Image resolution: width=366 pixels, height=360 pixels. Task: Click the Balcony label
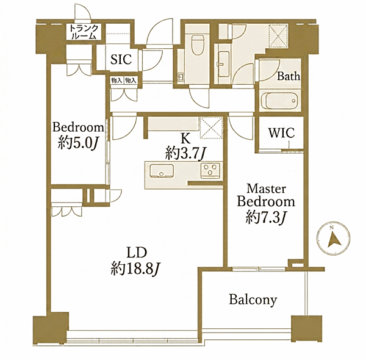pyautogui.click(x=253, y=300)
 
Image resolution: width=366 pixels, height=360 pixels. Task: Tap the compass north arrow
pyautogui.click(x=334, y=239)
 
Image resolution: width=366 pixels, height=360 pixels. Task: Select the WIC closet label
pyautogui.click(x=281, y=133)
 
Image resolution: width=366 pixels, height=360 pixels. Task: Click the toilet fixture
pyautogui.click(x=198, y=45)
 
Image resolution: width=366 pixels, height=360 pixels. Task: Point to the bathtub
pyautogui.click(x=279, y=101)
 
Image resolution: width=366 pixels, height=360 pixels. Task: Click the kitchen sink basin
pyautogui.click(x=162, y=171)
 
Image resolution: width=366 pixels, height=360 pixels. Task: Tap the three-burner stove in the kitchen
pyautogui.click(x=210, y=170)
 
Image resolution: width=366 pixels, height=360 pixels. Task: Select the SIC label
pyautogui.click(x=121, y=59)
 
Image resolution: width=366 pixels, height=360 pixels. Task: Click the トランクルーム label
pyautogui.click(x=84, y=32)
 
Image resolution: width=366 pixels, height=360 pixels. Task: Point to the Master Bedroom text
pyautogui.click(x=266, y=195)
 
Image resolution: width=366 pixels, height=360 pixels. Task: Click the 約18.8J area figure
pyautogui.click(x=135, y=269)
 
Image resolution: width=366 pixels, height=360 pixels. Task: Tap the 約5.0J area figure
pyautogui.click(x=77, y=143)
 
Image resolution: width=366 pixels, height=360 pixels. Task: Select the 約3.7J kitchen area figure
pyautogui.click(x=185, y=154)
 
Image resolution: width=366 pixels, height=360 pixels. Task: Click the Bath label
pyautogui.click(x=289, y=76)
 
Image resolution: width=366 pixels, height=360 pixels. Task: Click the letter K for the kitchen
pyautogui.click(x=186, y=139)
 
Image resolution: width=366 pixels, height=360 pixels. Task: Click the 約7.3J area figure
pyautogui.click(x=265, y=218)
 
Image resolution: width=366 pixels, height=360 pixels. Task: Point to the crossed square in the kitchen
pyautogui.click(x=211, y=128)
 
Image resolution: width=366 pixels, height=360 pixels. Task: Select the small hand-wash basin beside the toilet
pyautogui.click(x=181, y=76)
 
